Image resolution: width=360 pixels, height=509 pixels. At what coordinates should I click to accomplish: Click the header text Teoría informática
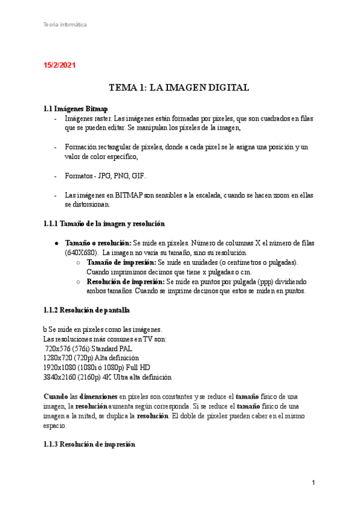pyautogui.click(x=65, y=25)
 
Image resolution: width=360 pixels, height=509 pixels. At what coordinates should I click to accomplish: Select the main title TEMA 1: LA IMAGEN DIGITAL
pyautogui.click(x=179, y=88)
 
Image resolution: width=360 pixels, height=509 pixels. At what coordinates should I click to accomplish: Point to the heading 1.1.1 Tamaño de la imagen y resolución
pyautogui.click(x=104, y=224)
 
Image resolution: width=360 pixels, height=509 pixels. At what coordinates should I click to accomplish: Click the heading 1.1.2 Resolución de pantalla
pyautogui.click(x=86, y=310)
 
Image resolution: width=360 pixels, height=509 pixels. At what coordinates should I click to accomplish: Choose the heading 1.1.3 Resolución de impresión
pyautogui.click(x=89, y=445)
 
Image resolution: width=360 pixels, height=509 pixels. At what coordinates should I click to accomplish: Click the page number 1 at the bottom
pyautogui.click(x=313, y=483)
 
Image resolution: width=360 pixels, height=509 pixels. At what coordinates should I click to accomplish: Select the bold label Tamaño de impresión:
pyautogui.click(x=121, y=263)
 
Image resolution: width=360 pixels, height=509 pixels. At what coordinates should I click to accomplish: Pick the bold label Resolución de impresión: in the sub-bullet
pyautogui.click(x=125, y=282)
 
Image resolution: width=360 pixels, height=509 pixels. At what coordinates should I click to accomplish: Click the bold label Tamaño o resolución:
pyautogui.click(x=98, y=243)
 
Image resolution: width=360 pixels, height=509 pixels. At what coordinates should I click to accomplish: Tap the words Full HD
pyautogui.click(x=137, y=367)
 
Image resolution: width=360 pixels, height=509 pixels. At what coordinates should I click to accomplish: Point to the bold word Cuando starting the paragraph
pyautogui.click(x=56, y=397)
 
